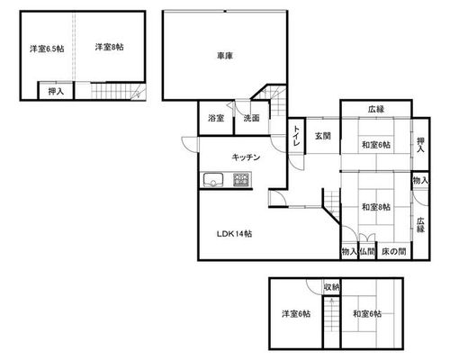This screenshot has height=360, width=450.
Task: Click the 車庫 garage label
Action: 225,56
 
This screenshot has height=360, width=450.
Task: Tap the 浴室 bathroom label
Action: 216,118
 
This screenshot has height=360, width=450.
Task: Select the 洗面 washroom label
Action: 251,118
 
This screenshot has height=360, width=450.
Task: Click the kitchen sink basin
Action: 213,179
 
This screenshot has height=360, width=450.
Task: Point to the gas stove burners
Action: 241,179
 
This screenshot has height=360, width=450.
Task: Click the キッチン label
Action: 246,157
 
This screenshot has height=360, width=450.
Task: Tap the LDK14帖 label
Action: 234,234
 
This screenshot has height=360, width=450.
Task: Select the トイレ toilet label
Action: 296,136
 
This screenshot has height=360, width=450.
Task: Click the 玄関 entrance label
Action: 323,136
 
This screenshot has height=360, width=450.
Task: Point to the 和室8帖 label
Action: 376,207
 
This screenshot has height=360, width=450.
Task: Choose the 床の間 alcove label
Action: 394,251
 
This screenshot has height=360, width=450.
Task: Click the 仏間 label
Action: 367,251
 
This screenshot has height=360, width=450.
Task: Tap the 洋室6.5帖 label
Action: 47,49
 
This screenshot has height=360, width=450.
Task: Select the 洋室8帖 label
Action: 109,47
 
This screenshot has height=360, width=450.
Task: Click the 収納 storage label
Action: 332,287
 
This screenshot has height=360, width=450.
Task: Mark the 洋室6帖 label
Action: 296,314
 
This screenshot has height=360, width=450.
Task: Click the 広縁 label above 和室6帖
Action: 376,109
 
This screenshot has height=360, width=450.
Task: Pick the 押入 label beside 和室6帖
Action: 420,145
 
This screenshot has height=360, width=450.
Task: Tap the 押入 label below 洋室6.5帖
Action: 56,91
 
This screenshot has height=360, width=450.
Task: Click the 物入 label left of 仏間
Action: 349,251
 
